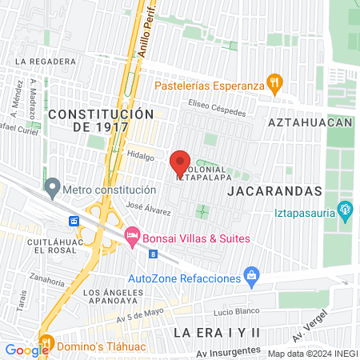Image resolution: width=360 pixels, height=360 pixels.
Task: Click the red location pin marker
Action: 180,164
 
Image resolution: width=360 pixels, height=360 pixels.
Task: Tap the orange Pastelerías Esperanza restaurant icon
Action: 274,81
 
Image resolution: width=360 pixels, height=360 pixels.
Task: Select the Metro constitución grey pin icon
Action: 53,190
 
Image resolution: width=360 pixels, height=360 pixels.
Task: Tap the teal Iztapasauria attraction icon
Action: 346,212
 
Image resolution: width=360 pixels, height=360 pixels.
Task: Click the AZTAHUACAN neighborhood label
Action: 310,122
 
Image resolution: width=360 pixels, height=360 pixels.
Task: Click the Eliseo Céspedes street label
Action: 217,107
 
